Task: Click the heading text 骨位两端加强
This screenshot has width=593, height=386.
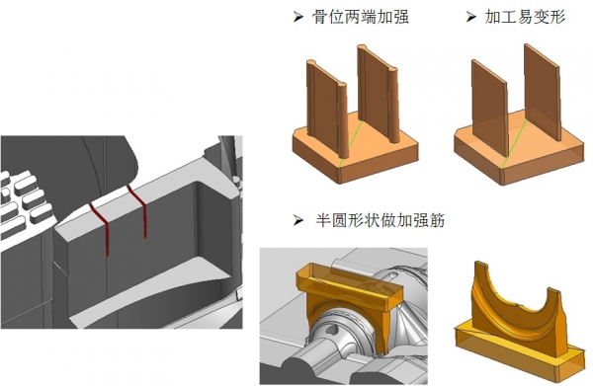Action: pos(360,17)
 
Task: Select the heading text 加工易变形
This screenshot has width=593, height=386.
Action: pos(526,17)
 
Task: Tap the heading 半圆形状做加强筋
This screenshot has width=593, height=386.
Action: pos(381,220)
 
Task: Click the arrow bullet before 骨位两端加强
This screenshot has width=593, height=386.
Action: pos(298,17)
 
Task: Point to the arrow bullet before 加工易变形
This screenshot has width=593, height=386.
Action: pos(470,17)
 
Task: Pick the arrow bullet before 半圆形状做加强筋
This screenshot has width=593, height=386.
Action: pos(298,220)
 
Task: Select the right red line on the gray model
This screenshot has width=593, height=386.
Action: pos(140,210)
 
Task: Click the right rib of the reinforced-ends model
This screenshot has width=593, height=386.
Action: pos(379,93)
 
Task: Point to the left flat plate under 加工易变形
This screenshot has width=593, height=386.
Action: pos(489,108)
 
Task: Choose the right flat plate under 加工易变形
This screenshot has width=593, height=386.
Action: pos(542,92)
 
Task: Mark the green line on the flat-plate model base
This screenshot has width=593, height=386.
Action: pos(513,144)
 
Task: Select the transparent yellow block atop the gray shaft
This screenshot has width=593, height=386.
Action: pos(349,286)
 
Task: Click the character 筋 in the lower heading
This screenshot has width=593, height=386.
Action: pos(437,220)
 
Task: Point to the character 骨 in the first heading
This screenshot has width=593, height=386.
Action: pos(320,17)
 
